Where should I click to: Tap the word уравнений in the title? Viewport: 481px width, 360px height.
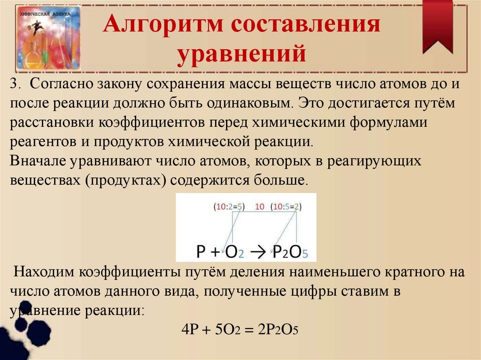241,53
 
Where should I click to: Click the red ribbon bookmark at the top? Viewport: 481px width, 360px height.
437,25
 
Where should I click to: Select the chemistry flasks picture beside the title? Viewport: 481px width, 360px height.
48,37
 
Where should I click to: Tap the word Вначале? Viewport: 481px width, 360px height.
39,161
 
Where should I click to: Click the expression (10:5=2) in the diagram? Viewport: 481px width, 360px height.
286,207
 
